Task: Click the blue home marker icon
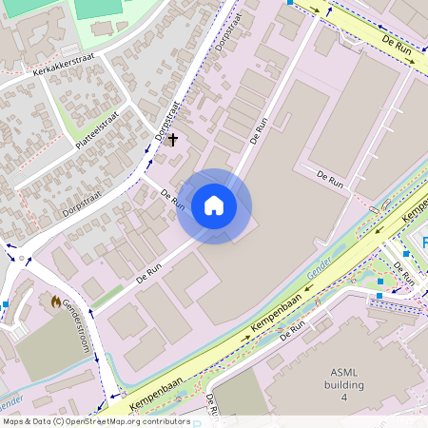click(214, 205)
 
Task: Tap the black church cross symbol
click(172, 140)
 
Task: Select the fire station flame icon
click(55, 302)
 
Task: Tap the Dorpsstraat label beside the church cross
click(166, 122)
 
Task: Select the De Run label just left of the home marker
click(173, 199)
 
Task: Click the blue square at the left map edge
click(5, 303)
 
